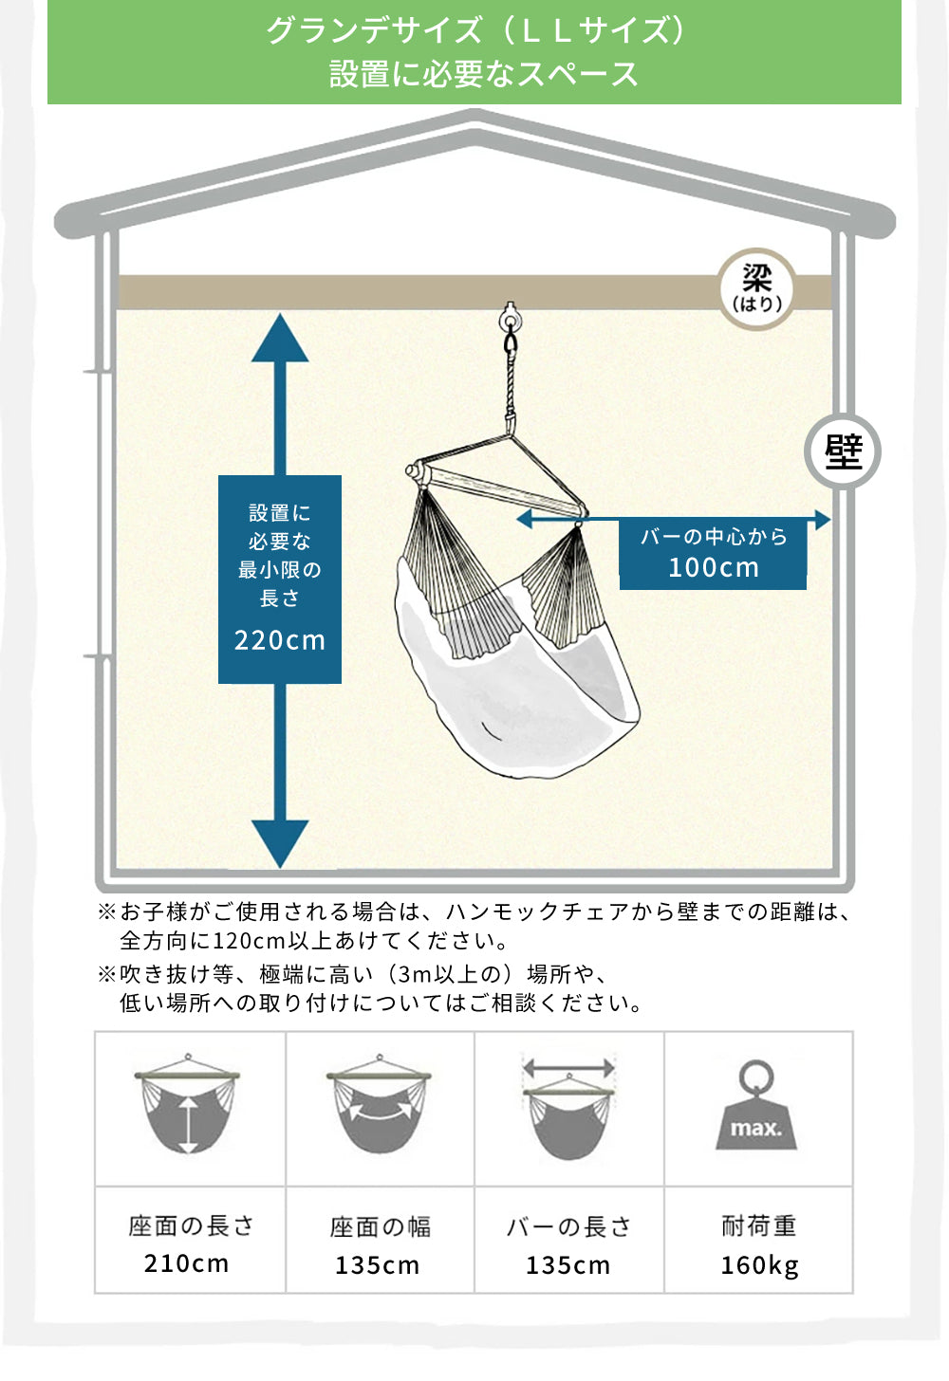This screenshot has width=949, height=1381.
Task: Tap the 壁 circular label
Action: (843, 451)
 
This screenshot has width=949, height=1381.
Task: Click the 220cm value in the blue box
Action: (280, 640)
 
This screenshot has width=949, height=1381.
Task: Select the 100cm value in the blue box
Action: (714, 567)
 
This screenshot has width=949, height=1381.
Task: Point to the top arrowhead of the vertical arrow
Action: (280, 340)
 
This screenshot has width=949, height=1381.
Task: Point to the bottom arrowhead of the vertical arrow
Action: (280, 842)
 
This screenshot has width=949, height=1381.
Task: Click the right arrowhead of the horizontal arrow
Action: (822, 519)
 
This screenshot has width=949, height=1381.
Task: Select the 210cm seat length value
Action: (187, 1263)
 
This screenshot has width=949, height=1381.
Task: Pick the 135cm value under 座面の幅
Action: (378, 1265)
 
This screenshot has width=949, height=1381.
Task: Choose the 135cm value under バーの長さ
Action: (568, 1265)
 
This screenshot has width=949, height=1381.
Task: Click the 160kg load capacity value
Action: (759, 1265)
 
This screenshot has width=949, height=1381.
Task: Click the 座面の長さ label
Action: (191, 1225)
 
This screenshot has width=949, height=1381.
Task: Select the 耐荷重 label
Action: (759, 1225)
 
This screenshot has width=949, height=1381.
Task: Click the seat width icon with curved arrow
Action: (380, 1105)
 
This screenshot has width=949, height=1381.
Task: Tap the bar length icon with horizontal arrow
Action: (569, 1105)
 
